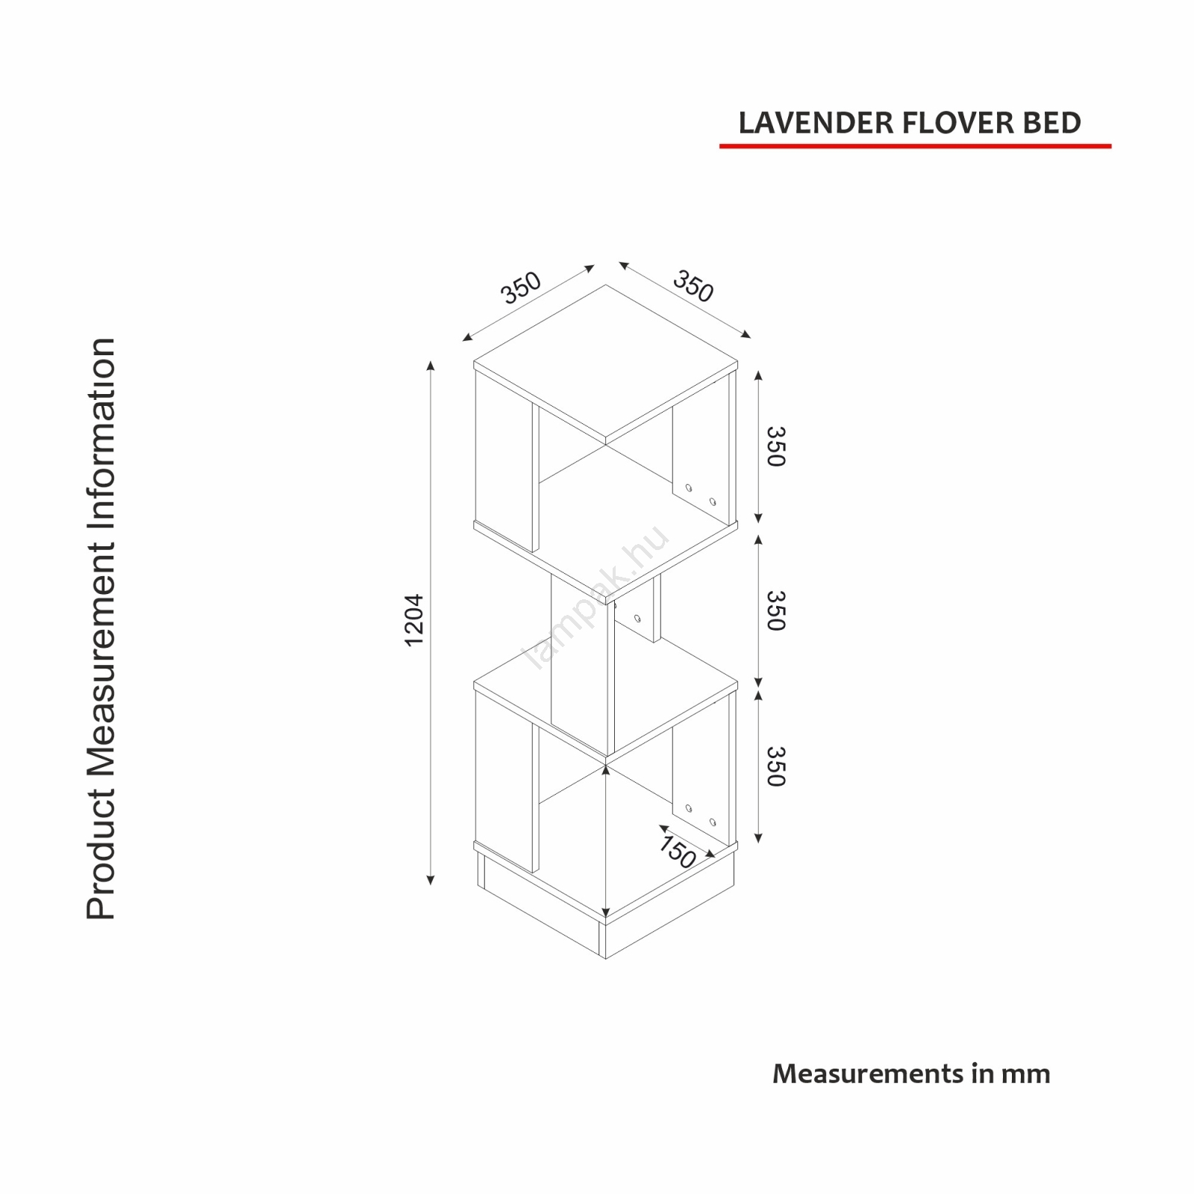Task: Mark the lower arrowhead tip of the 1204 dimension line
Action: point(430,885)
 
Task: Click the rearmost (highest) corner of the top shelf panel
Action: point(606,285)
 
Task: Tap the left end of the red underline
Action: point(720,146)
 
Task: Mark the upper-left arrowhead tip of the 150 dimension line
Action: point(659,825)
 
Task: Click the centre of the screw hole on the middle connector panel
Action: point(638,618)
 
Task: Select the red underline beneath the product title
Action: point(916,146)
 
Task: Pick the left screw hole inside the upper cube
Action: point(689,487)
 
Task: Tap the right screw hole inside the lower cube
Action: point(713,822)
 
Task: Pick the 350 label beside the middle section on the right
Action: point(776,610)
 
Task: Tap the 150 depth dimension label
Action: point(678,851)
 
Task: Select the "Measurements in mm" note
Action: point(911,1074)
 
